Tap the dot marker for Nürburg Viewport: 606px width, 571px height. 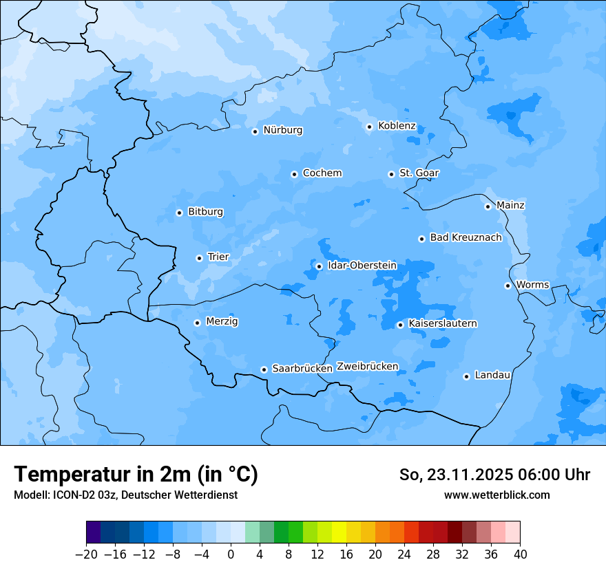tap(255, 131)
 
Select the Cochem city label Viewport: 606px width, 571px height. tap(322, 173)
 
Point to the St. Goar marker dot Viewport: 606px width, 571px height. tap(391, 174)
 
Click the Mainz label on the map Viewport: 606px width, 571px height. tap(510, 206)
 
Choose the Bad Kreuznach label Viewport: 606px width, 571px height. tap(466, 238)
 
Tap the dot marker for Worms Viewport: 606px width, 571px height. tap(508, 285)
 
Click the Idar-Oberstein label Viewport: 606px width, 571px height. tap(362, 266)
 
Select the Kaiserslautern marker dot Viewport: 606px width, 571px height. tap(400, 325)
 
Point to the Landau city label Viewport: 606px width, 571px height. tap(492, 376)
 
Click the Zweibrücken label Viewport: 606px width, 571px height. tap(367, 367)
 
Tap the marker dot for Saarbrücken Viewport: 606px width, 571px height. tap(264, 369)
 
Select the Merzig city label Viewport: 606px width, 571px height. tap(222, 322)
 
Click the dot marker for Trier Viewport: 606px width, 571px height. tap(199, 258)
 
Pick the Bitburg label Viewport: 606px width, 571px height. tap(205, 212)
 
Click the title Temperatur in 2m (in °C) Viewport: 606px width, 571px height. tap(136, 474)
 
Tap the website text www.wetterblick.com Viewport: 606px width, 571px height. tap(497, 495)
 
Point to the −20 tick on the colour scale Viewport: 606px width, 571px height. tap(87, 554)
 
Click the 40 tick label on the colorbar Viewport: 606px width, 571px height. tap(519, 554)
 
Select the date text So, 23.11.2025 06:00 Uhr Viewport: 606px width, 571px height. tap(494, 475)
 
